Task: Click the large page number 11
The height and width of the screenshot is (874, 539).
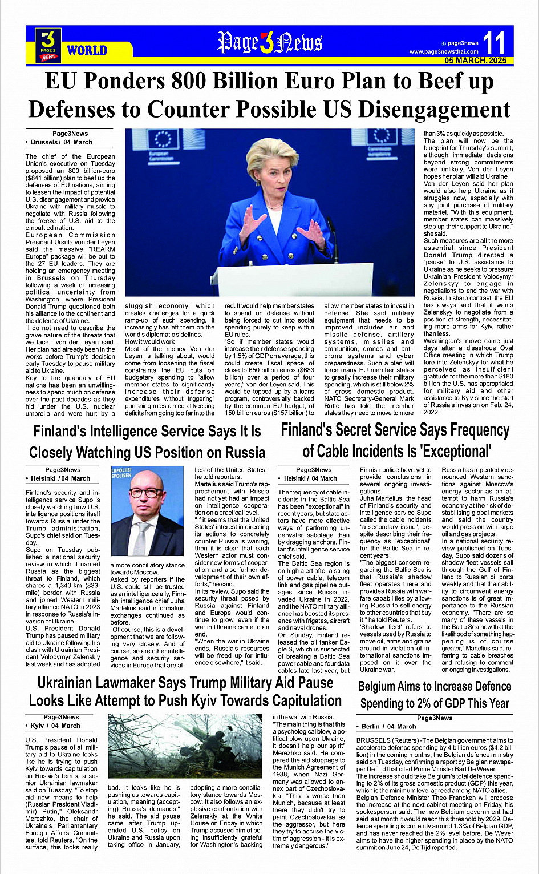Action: (494, 43)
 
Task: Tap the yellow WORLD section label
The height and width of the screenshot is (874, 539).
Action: (87, 50)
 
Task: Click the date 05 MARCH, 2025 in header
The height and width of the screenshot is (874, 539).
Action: (476, 61)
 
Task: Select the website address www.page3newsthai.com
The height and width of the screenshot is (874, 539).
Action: (444, 52)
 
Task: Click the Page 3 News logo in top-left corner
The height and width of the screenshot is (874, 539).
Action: (48, 45)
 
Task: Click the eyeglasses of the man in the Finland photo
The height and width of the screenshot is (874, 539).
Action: (146, 494)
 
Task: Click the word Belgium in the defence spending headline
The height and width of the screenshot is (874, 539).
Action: (382, 687)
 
